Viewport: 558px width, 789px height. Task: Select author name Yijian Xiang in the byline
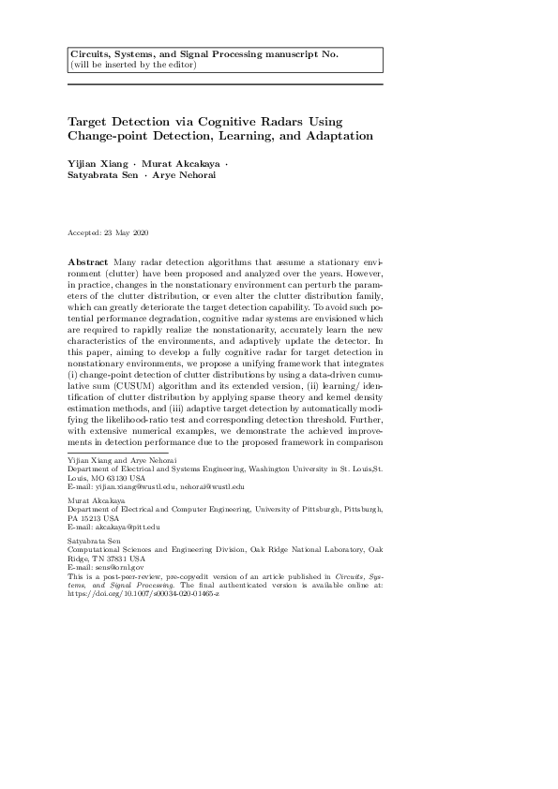click(96, 164)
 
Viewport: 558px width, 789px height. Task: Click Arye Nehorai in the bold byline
click(185, 175)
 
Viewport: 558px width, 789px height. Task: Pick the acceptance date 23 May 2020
click(125, 232)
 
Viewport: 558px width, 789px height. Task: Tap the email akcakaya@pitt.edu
click(128, 526)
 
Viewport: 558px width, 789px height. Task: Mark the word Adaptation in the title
click(341, 136)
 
